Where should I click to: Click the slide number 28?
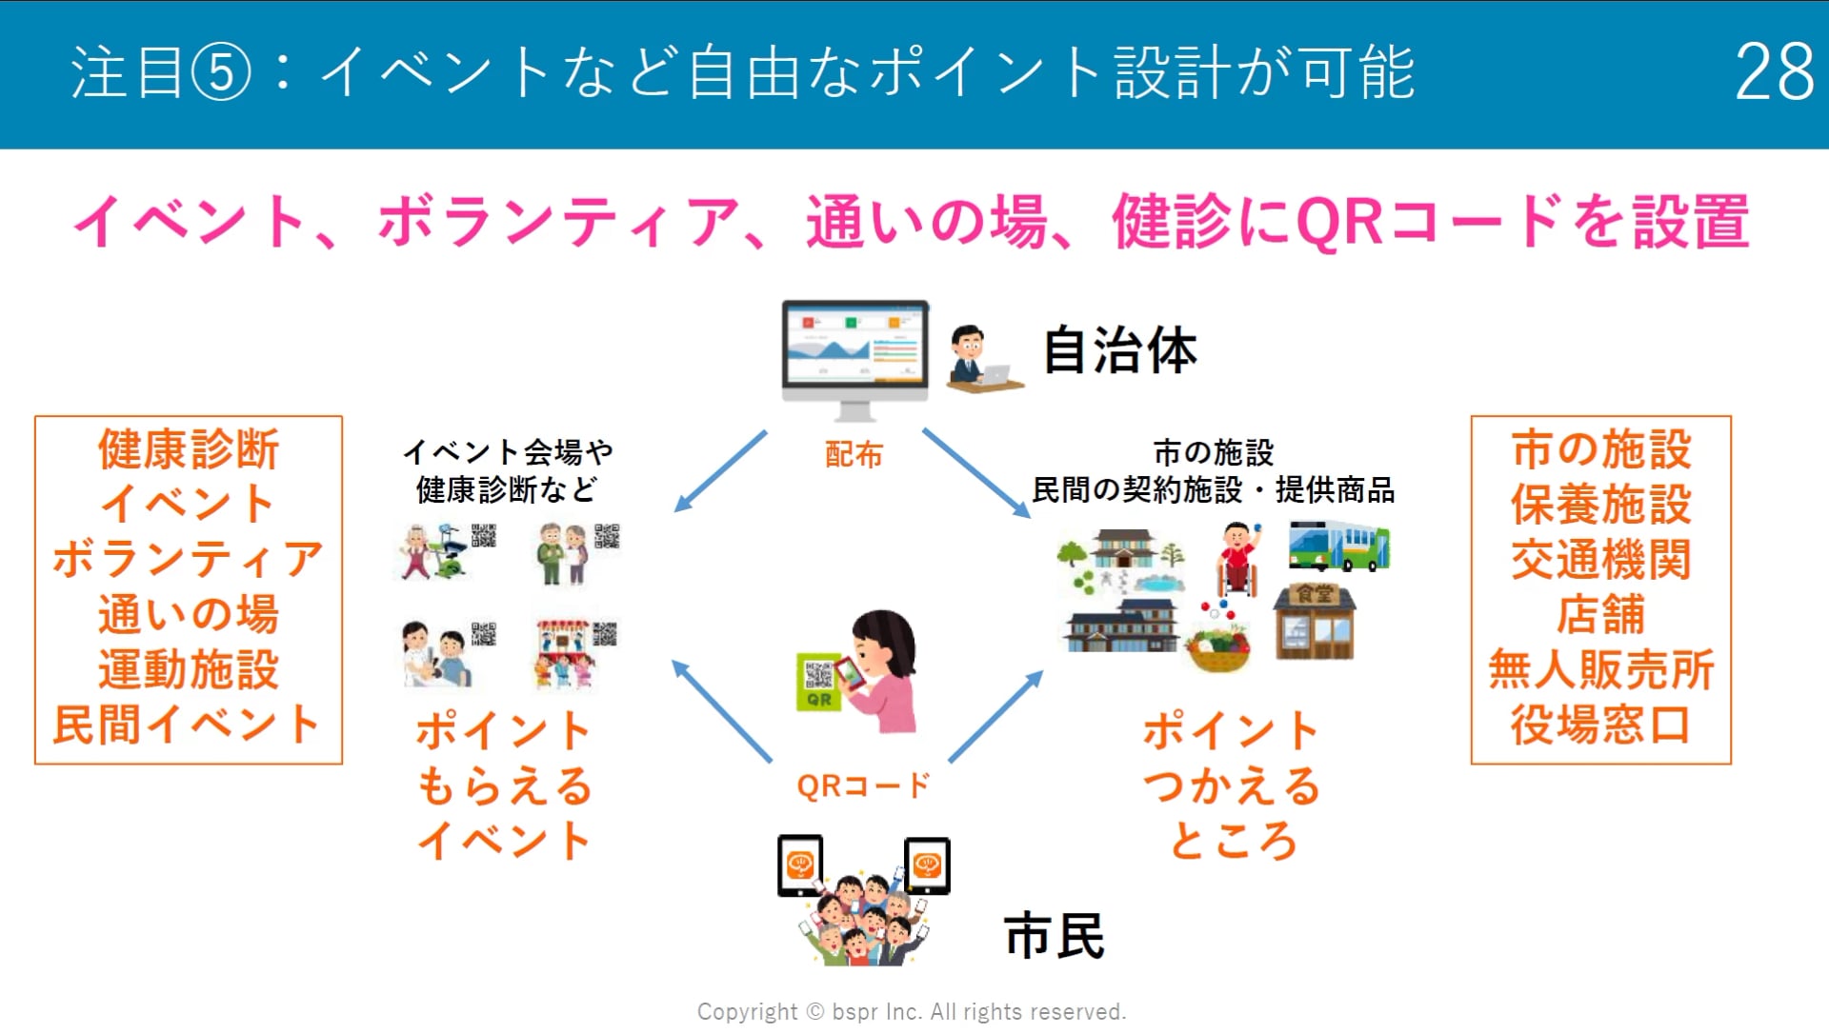[1774, 72]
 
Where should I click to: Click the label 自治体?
[1119, 350]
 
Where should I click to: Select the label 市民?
[1054, 935]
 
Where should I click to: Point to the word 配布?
[854, 455]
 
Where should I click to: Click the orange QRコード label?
[862, 786]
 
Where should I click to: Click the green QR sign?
[818, 682]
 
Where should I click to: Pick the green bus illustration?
[1338, 546]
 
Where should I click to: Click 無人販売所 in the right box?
[1600, 669]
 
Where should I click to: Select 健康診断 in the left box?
[189, 449]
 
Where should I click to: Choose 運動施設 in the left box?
[189, 669]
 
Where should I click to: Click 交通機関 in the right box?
[1600, 560]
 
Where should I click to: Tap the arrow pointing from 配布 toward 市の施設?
[976, 473]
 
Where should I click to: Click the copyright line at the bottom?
[912, 1011]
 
